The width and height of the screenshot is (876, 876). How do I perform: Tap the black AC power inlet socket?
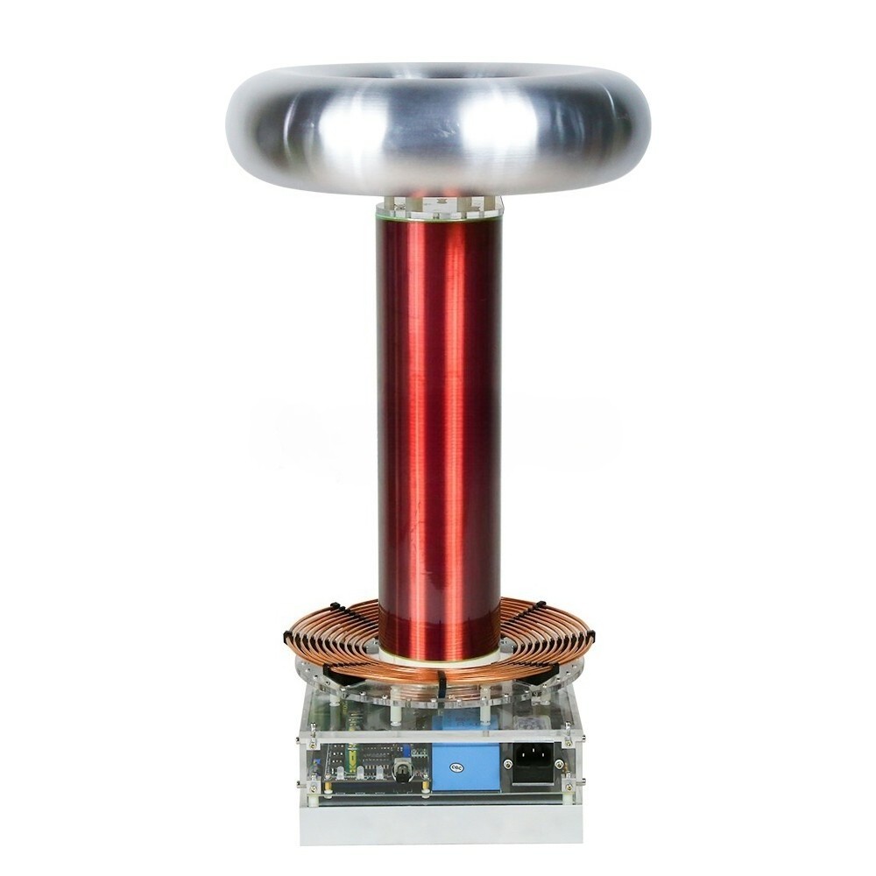tap(533, 763)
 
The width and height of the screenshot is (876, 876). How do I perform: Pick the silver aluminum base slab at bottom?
tap(438, 823)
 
